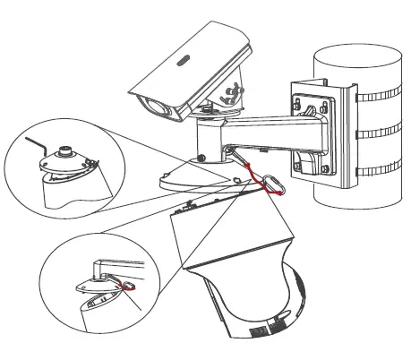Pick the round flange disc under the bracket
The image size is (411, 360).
199,176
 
